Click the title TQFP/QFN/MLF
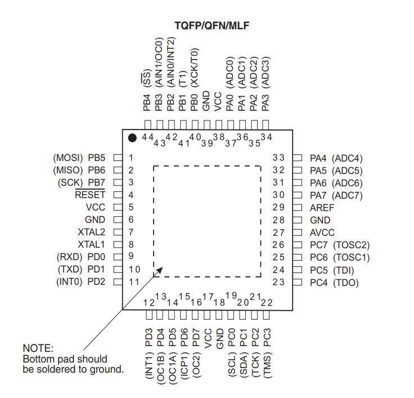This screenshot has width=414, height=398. point(211,26)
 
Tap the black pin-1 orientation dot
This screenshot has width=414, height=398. point(132,138)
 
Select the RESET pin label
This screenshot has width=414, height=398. point(90,195)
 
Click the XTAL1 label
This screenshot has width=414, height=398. point(91,244)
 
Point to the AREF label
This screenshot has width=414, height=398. point(322,208)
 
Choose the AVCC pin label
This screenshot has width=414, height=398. point(322,232)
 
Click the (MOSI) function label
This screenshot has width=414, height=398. point(68,158)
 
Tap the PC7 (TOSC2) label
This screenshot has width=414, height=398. point(340,245)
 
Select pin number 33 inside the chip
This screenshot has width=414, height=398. point(278,158)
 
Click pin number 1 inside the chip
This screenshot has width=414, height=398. point(131,158)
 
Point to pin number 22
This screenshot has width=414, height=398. point(267,303)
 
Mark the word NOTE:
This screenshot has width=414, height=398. point(38,348)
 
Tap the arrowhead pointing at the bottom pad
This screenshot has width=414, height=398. point(159,271)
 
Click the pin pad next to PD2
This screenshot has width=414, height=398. point(118,282)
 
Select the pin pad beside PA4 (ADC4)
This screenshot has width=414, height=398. point(298,158)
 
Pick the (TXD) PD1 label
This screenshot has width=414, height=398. point(82,269)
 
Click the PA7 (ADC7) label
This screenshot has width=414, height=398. point(336,195)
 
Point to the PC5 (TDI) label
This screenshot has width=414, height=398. point(332,270)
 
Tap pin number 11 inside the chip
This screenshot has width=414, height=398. point(134,282)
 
